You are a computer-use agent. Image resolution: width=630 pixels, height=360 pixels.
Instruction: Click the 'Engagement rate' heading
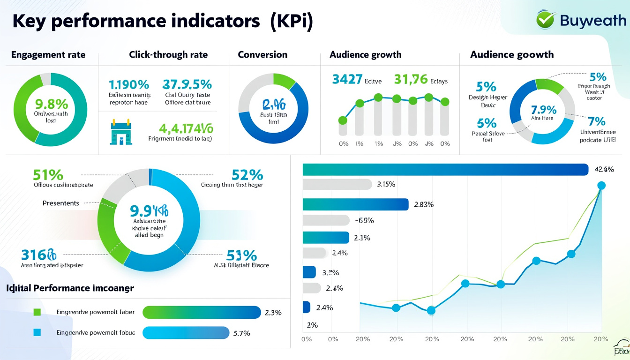coord(48,55)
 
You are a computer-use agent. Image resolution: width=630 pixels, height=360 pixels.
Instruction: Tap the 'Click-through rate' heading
coord(168,55)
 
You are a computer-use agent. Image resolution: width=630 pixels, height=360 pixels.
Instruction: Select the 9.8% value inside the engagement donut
coord(51,104)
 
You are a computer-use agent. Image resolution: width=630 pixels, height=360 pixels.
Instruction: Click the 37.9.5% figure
coord(187,84)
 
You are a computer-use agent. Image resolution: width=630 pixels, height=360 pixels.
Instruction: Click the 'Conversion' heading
coord(262,55)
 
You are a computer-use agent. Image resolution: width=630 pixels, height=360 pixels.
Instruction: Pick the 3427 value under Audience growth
coord(346,80)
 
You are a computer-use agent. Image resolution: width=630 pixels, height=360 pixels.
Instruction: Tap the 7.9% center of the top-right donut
coord(544,110)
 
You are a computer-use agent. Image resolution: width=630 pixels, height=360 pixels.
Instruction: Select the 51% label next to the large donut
coord(48,175)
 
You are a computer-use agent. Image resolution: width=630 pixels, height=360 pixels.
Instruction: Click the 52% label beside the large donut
coord(247,175)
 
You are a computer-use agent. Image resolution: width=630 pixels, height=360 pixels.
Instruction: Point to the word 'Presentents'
coord(60,203)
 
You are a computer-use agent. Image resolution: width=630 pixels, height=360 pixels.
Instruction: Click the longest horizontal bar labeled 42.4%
coord(445,170)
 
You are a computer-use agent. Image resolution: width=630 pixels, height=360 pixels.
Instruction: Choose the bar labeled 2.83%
coord(356,204)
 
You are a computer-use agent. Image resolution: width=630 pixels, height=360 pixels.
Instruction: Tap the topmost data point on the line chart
coord(601,186)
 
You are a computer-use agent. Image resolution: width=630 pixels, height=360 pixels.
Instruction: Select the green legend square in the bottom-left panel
coord(37,312)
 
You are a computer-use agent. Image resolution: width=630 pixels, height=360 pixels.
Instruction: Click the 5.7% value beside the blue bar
coord(241,333)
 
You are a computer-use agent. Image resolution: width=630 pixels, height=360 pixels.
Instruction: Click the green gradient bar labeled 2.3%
coord(201,313)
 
